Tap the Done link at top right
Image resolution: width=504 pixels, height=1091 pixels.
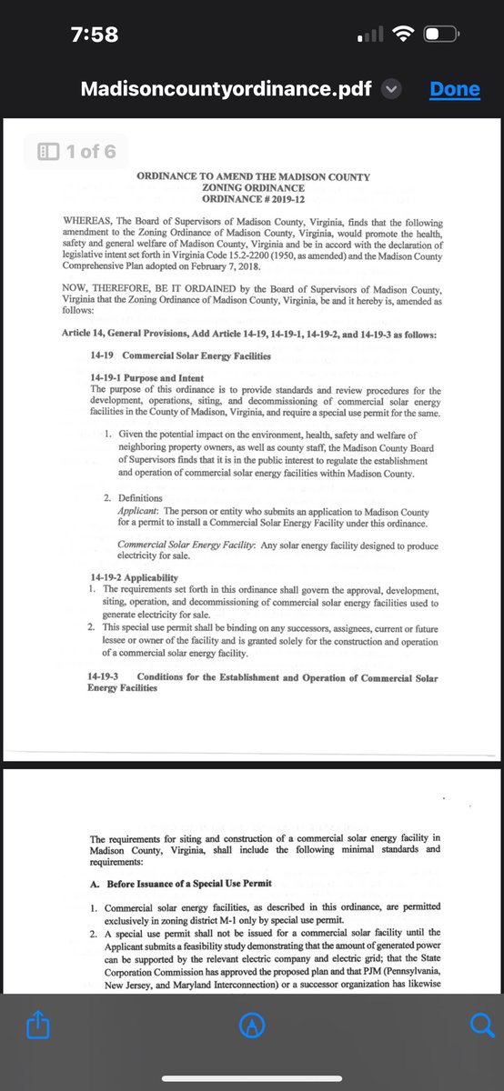[454, 89]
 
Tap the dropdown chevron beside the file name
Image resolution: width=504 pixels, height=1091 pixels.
[391, 89]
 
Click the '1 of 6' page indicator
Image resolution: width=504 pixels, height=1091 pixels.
[77, 151]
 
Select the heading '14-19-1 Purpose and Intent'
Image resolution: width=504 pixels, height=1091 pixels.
[146, 378]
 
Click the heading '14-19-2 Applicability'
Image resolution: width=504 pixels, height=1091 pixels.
[135, 577]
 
